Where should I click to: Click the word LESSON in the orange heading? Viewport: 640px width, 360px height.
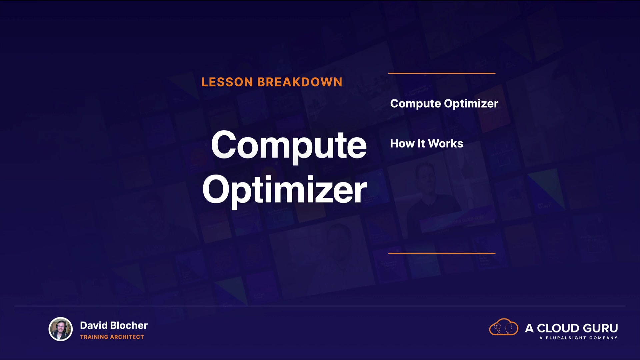(x=227, y=82)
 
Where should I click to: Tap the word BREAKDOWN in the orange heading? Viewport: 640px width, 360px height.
(x=300, y=82)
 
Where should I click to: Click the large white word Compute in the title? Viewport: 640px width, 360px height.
(x=289, y=146)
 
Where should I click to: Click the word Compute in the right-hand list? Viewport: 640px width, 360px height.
(x=415, y=104)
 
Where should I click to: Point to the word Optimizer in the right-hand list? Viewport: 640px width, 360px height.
(x=471, y=104)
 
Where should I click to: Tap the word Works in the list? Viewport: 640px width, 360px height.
(x=446, y=144)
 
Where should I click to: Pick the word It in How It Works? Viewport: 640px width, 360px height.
(x=421, y=144)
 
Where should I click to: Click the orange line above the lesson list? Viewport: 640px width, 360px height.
(x=442, y=73)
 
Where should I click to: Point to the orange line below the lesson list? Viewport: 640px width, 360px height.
(x=442, y=253)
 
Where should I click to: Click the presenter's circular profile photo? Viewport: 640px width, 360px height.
(x=61, y=329)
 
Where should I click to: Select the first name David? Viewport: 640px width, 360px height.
(x=94, y=326)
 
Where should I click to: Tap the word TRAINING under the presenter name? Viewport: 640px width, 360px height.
(x=94, y=337)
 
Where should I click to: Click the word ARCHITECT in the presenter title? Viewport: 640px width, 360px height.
(x=127, y=337)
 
